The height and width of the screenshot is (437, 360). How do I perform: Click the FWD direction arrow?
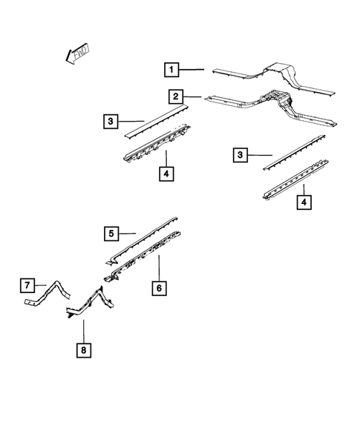point(76,53)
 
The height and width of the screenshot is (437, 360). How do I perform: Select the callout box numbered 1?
point(171,70)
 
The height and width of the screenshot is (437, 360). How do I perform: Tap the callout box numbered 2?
point(176,96)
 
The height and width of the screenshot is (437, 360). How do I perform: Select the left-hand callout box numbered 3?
point(110,119)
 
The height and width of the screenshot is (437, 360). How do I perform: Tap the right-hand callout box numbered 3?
point(239,154)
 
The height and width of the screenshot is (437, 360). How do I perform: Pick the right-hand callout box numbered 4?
point(303,201)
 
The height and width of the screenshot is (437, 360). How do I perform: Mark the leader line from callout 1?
point(192,70)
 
